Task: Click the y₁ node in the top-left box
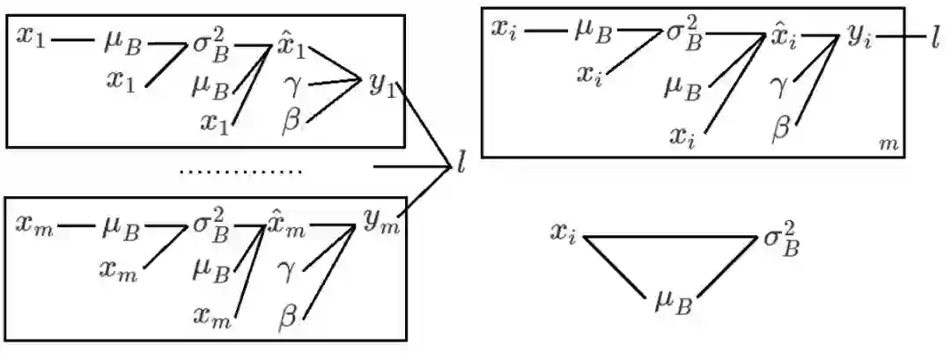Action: tap(381, 84)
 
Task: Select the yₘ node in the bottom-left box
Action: tap(381, 222)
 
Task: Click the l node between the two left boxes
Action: tap(461, 164)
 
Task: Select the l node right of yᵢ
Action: tap(935, 37)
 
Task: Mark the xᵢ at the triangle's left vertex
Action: tap(564, 234)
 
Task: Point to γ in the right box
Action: tap(778, 86)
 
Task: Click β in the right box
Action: tap(780, 129)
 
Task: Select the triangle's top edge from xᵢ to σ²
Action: tap(669, 236)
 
